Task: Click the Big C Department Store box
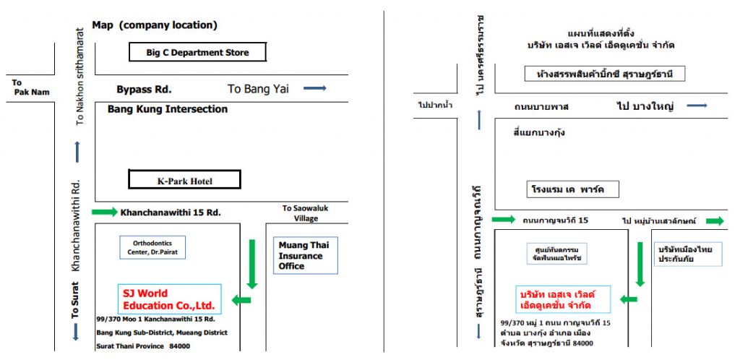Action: [x=198, y=52]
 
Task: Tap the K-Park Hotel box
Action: [x=184, y=179]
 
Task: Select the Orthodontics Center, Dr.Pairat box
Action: [x=152, y=247]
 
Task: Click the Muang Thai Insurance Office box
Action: [x=306, y=256]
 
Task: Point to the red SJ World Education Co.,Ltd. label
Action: [x=168, y=299]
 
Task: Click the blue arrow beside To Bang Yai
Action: [x=315, y=88]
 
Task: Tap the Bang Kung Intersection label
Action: [x=168, y=109]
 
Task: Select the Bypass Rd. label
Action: [x=144, y=89]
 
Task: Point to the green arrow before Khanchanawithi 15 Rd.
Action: [x=105, y=212]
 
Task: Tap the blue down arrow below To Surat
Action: [x=76, y=331]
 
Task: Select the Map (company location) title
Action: [x=155, y=25]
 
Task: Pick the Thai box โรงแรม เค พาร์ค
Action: [x=572, y=189]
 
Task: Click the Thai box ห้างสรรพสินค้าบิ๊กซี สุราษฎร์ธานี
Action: [x=605, y=74]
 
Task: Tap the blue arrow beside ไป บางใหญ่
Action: [x=697, y=106]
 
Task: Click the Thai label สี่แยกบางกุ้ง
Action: [x=539, y=132]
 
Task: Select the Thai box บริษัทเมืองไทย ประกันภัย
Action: [x=688, y=254]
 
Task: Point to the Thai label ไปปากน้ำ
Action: [x=435, y=106]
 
